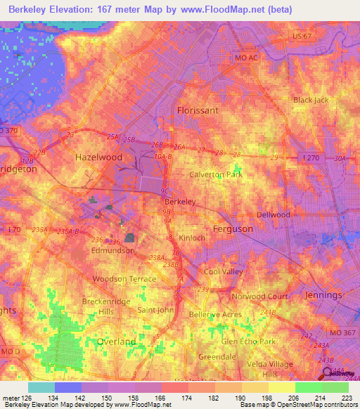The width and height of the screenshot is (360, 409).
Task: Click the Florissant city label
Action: (x=198, y=110)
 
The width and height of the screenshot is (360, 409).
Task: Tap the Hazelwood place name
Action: (x=98, y=158)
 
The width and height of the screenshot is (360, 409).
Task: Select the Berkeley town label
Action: (x=179, y=201)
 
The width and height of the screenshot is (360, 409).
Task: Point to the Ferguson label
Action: (x=233, y=229)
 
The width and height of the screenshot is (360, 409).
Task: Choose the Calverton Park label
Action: (x=216, y=174)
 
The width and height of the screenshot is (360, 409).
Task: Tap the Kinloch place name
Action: (x=191, y=239)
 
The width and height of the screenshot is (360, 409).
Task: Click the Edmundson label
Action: (x=113, y=250)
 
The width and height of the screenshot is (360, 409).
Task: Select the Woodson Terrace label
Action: (x=125, y=279)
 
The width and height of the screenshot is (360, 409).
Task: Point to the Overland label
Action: (x=116, y=342)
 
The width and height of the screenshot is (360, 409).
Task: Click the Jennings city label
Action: (x=323, y=295)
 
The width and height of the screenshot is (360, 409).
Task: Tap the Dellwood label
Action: (x=273, y=214)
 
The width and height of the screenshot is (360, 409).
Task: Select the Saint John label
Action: (x=155, y=310)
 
